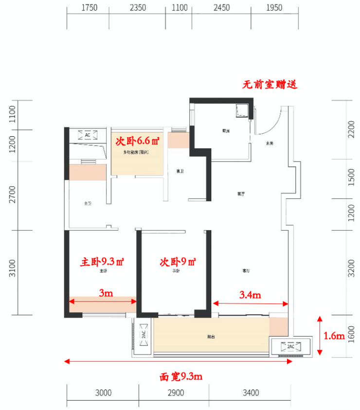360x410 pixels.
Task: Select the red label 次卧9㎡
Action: pos(178,262)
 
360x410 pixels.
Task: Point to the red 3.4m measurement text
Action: pos(250,295)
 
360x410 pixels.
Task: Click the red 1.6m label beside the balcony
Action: pos(335,336)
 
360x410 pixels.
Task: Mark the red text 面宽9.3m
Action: pos(181,376)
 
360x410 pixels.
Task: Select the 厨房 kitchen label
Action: pos(226,131)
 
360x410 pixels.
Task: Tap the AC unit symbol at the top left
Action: pos(88,135)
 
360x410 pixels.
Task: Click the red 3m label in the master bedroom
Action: pos(106,293)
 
